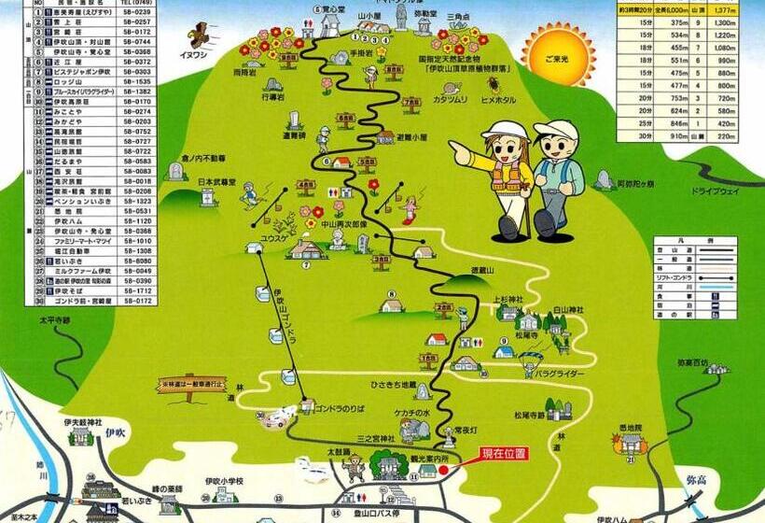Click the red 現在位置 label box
click(504, 455)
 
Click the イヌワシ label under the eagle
click(194, 54)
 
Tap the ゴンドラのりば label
click(347, 409)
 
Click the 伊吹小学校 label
click(224, 482)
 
